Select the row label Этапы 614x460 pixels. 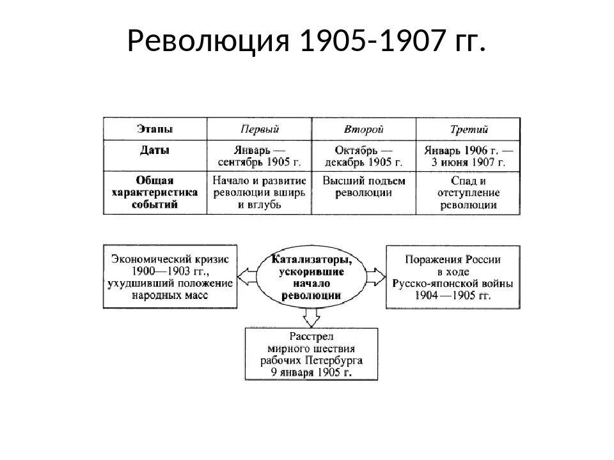(x=154, y=129)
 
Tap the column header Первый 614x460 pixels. (x=259, y=129)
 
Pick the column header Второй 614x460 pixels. (x=363, y=129)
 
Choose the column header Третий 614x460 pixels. (x=468, y=129)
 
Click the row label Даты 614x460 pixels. (x=154, y=151)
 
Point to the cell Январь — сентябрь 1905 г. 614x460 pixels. (x=259, y=156)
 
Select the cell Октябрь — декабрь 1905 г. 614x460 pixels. (x=363, y=156)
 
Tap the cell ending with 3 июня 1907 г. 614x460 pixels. (x=468, y=156)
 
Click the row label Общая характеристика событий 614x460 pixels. (x=154, y=192)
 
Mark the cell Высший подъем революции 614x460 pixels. (x=363, y=187)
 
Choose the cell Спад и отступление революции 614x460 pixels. (x=468, y=192)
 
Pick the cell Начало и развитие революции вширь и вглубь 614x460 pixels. (x=259, y=192)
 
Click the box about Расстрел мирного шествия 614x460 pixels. (x=311, y=354)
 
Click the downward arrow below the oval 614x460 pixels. (x=311, y=316)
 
